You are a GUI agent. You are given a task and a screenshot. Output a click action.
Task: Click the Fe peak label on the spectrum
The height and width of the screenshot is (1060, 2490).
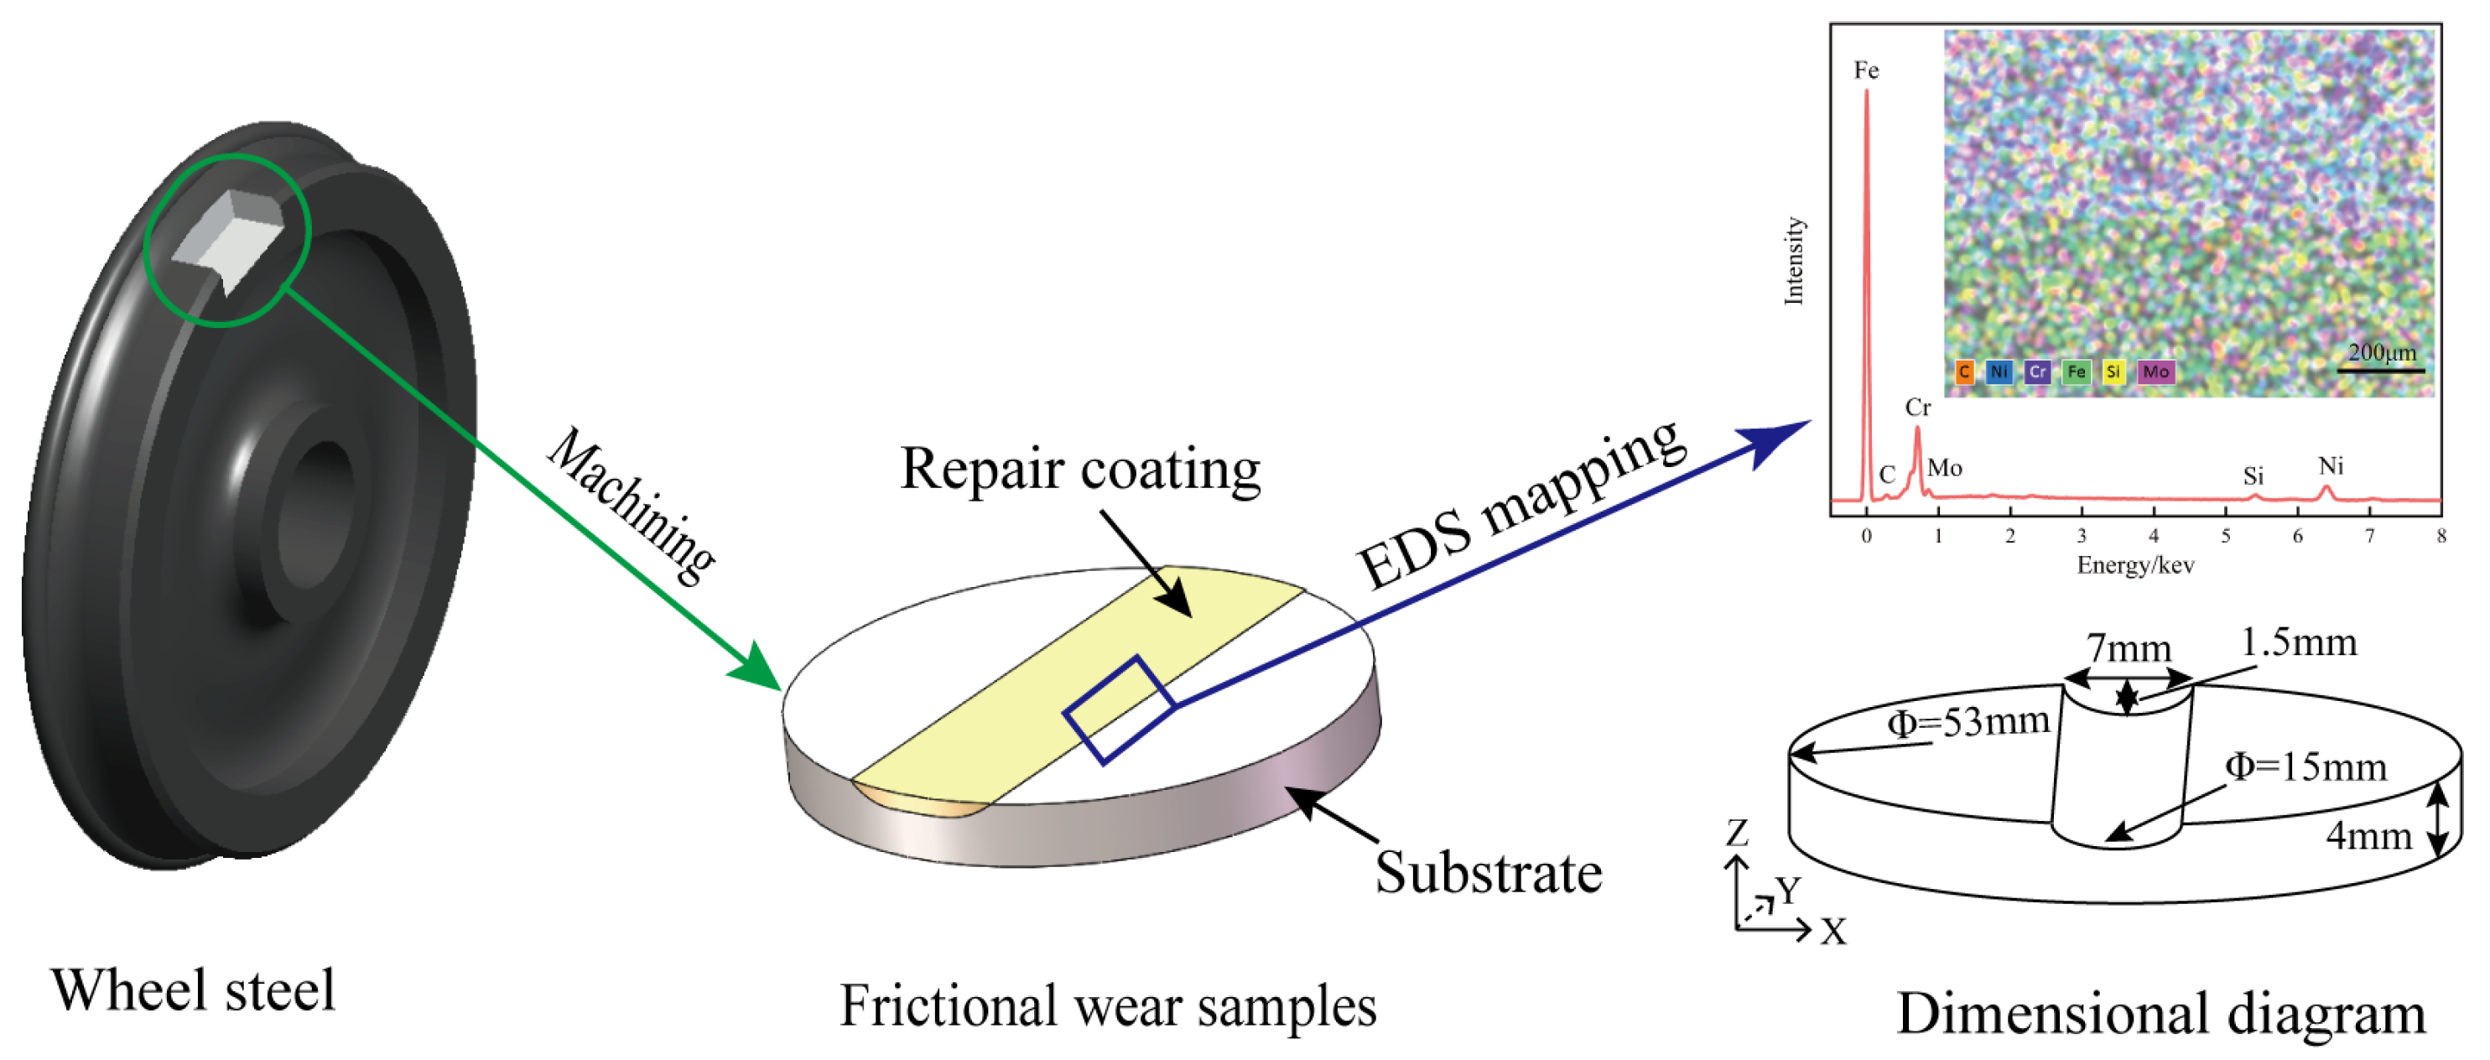click(x=1865, y=70)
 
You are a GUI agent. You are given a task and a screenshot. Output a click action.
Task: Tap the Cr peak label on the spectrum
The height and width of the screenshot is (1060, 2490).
click(x=1917, y=408)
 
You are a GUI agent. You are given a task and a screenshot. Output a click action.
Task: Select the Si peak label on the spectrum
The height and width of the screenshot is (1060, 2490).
click(x=2253, y=475)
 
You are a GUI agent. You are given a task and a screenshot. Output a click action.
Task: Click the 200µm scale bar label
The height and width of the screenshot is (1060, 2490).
click(x=2382, y=353)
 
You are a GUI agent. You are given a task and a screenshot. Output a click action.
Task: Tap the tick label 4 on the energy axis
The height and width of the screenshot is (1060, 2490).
click(x=2154, y=536)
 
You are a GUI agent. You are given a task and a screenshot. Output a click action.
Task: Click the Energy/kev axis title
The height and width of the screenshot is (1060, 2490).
click(x=2135, y=565)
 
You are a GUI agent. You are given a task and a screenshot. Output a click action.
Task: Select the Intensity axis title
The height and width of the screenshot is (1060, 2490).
click(x=1794, y=261)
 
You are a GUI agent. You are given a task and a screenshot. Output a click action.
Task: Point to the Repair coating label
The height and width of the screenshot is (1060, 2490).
click(x=1079, y=470)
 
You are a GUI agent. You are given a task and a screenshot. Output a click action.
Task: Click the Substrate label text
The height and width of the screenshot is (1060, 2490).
click(x=1489, y=872)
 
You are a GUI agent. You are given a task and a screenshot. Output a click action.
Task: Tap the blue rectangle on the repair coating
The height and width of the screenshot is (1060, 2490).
click(x=1120, y=709)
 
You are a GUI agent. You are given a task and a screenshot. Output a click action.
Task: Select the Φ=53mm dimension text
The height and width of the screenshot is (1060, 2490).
click(x=1968, y=722)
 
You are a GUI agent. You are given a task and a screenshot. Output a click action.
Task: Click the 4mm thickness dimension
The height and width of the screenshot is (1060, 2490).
click(x=2368, y=835)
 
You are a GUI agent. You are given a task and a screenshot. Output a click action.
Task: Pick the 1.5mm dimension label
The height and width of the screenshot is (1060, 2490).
click(x=2299, y=642)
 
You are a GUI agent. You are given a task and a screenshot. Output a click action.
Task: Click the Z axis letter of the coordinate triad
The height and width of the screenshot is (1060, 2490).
click(x=1737, y=832)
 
